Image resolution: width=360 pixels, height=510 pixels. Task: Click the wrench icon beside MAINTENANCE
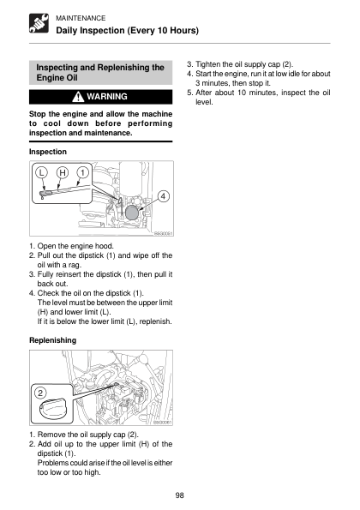(x=39, y=23)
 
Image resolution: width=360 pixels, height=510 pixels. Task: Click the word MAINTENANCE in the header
(x=81, y=18)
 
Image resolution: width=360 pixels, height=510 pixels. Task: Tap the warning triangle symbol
(x=78, y=97)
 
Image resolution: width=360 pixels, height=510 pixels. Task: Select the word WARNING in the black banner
(x=107, y=97)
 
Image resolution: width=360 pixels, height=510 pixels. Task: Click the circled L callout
(x=41, y=172)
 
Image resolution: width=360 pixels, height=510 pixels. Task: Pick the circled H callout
(x=63, y=172)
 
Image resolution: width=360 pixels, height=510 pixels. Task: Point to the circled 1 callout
(x=82, y=172)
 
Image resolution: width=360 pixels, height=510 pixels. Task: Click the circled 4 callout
(x=163, y=196)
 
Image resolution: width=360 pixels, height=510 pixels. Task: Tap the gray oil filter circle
(x=132, y=213)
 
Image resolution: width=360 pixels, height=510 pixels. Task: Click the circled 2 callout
(x=40, y=393)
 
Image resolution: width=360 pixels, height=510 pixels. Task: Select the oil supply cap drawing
(x=52, y=408)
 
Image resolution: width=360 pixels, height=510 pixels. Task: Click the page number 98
(x=179, y=495)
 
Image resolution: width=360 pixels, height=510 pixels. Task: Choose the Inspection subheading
(x=48, y=152)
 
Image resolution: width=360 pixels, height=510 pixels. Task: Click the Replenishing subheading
(x=52, y=340)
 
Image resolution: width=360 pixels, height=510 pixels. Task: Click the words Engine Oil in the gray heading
(x=57, y=78)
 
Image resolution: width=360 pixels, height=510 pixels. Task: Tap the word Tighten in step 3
(x=207, y=64)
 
